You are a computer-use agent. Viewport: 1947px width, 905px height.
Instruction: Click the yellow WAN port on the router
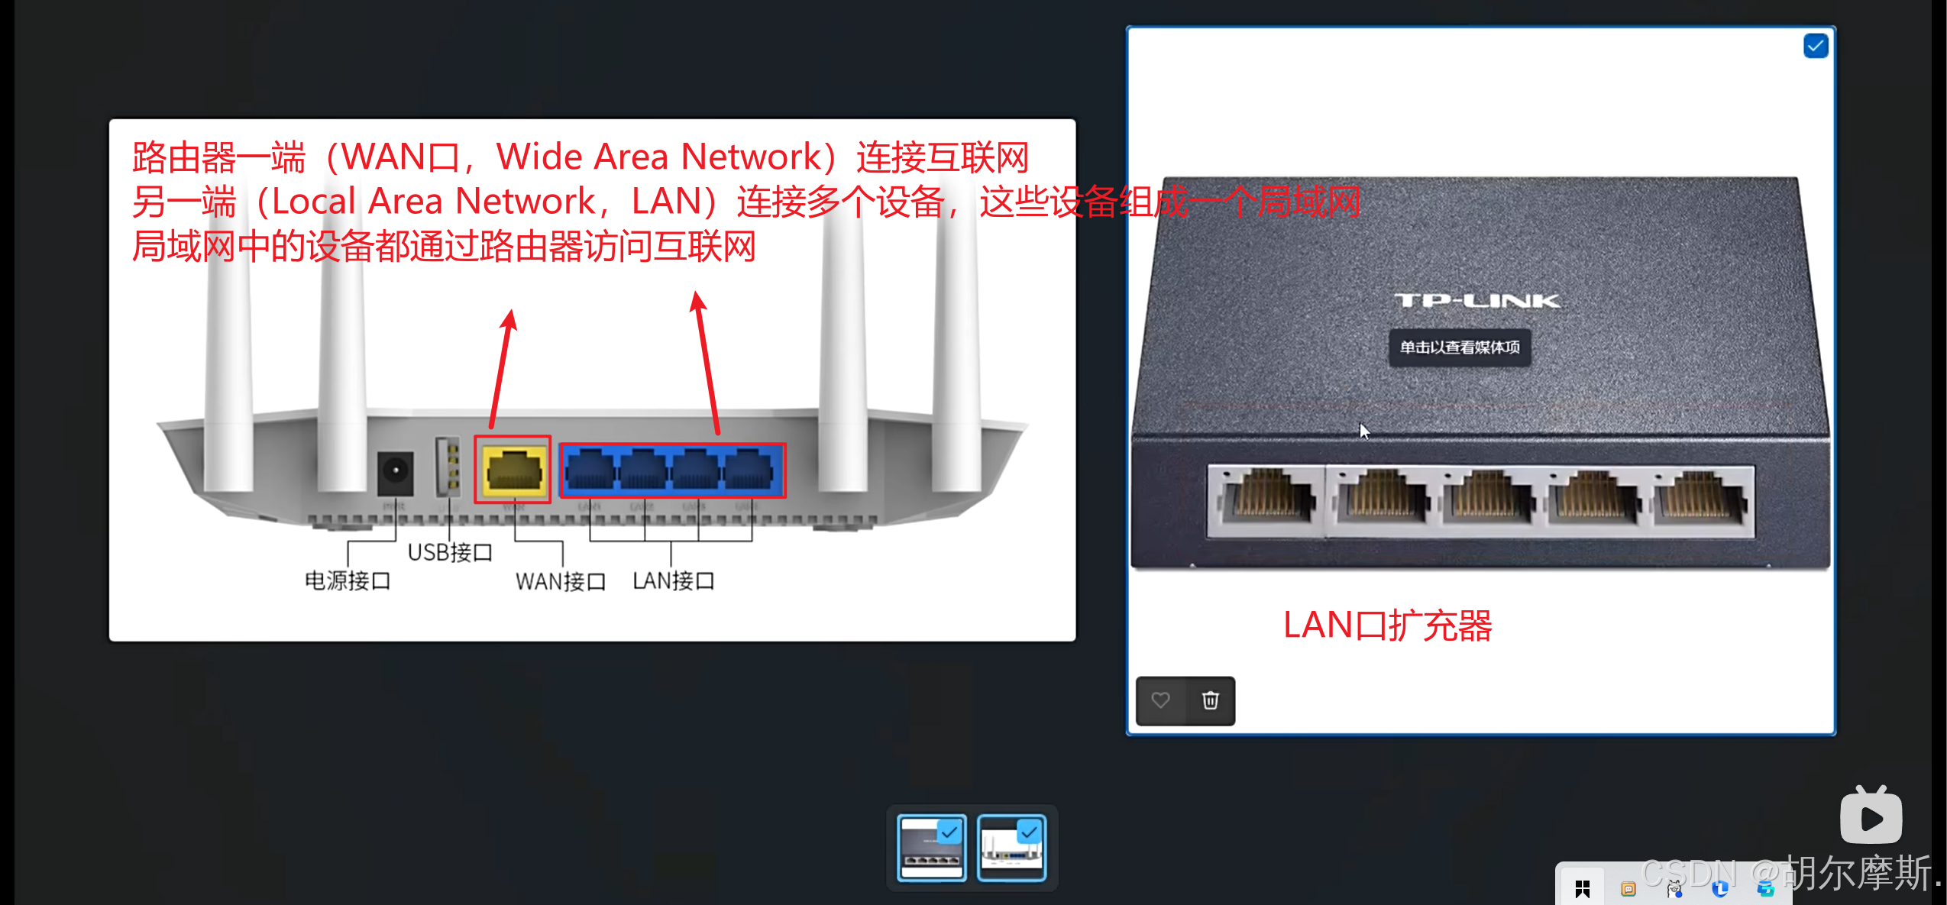coord(513,469)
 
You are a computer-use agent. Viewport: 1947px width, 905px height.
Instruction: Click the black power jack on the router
coord(395,471)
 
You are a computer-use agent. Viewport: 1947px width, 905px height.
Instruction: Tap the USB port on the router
coord(448,466)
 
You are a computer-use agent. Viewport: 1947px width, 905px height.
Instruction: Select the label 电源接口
coord(348,580)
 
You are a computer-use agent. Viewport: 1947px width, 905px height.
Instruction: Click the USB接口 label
coord(449,551)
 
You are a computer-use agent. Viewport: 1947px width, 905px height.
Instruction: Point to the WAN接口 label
coord(560,581)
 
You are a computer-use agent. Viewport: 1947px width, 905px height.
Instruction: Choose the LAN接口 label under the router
coord(673,580)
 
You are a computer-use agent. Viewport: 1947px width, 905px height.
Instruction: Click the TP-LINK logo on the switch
coord(1476,301)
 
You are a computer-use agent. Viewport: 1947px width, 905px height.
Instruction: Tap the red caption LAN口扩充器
coord(1386,625)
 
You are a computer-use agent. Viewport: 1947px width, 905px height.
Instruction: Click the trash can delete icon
coord(1210,700)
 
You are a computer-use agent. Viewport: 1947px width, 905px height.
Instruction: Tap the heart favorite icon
coord(1160,700)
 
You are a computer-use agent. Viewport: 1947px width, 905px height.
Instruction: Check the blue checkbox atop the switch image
coord(1815,47)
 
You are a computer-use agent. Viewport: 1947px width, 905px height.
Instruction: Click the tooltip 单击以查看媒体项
coord(1459,347)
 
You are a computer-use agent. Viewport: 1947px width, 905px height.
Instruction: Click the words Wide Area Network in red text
coord(657,157)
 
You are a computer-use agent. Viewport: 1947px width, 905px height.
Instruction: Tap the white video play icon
coord(1871,816)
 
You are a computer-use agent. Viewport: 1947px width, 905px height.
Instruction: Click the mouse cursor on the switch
coord(1364,431)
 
